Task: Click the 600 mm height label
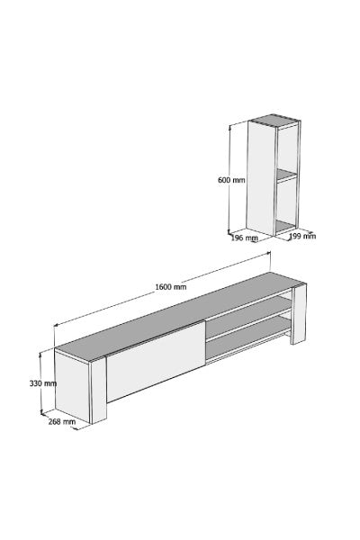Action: [231, 180]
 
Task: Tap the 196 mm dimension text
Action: [245, 238]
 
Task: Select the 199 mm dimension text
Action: [302, 236]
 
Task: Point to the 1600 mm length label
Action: [170, 287]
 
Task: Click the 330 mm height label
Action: [42, 383]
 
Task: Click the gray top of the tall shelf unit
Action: [276, 119]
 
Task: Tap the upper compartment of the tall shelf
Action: [288, 148]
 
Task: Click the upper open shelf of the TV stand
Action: [247, 319]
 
